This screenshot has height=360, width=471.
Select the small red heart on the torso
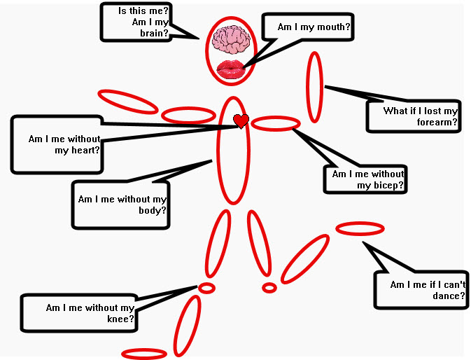(x=241, y=121)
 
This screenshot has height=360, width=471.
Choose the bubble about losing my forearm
(x=414, y=116)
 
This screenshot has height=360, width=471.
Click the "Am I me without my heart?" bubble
(x=57, y=144)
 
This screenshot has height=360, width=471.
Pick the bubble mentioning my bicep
(x=365, y=179)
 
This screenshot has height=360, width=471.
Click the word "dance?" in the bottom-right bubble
(x=449, y=296)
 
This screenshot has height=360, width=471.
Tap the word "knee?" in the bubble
(x=120, y=319)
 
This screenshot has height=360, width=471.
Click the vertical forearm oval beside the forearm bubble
(x=316, y=87)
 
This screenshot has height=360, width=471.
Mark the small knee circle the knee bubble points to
(x=207, y=287)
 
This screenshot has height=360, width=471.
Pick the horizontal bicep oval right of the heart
(x=276, y=124)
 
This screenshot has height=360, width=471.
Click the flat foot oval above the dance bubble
(x=360, y=228)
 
